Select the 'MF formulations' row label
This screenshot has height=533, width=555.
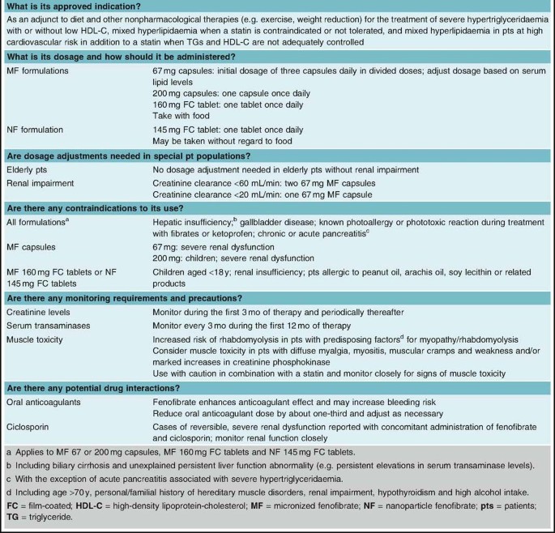[x=37, y=70]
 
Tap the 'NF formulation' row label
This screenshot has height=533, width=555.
[x=35, y=130]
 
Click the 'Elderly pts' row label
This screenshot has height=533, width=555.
[x=28, y=170]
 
